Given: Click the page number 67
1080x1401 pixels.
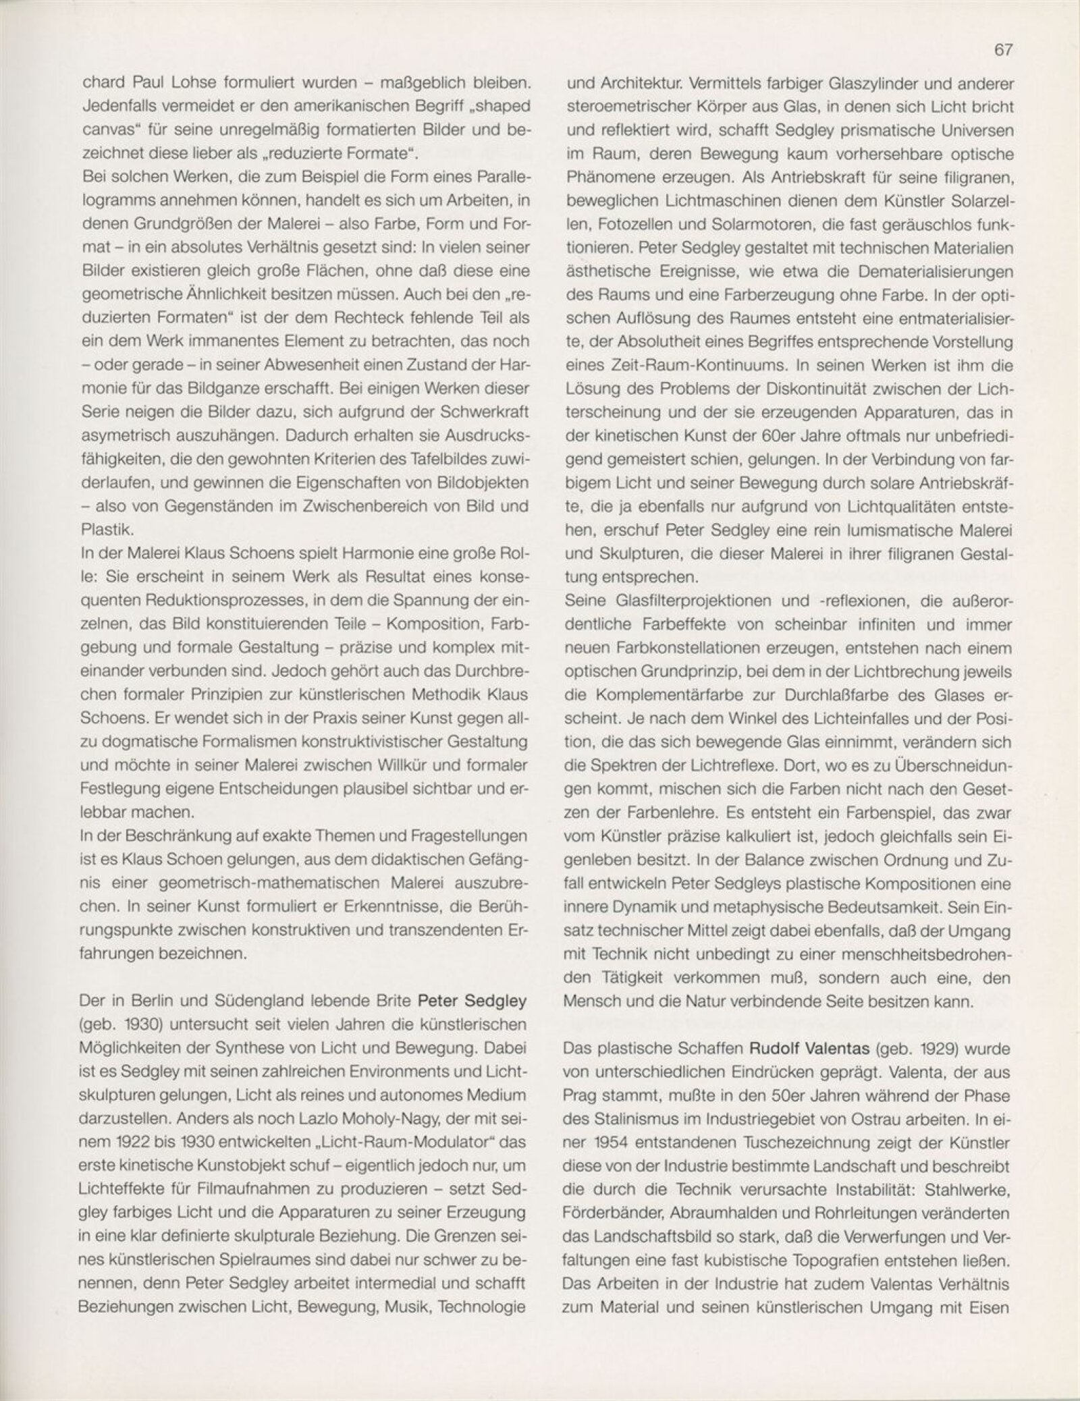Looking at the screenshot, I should point(1004,51).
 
